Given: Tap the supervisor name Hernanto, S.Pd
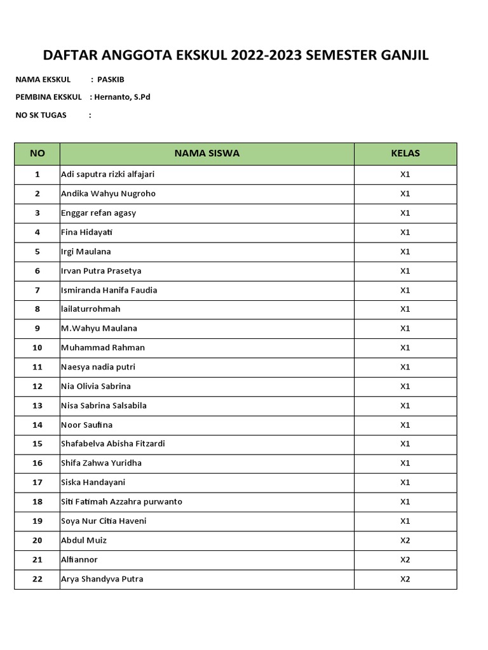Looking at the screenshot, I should tap(123, 97).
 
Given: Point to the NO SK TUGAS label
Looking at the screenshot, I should tap(41, 115).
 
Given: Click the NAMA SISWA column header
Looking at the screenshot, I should tap(207, 154).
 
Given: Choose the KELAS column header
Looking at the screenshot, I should tap(405, 154).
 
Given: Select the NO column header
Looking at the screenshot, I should tap(37, 154).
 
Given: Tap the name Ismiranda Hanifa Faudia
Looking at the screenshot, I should tap(109, 290).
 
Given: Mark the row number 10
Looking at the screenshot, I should tap(37, 348).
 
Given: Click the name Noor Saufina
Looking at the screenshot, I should tap(86, 425).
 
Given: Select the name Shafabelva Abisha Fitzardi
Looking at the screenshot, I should tap(112, 444).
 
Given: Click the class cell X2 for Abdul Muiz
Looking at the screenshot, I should tap(405, 540).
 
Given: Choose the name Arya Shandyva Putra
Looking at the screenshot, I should tap(102, 579).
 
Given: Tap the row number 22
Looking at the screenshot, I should tap(37, 579).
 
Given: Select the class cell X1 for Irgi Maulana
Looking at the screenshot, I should tap(405, 251).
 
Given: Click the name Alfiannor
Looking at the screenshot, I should tap(79, 559).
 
